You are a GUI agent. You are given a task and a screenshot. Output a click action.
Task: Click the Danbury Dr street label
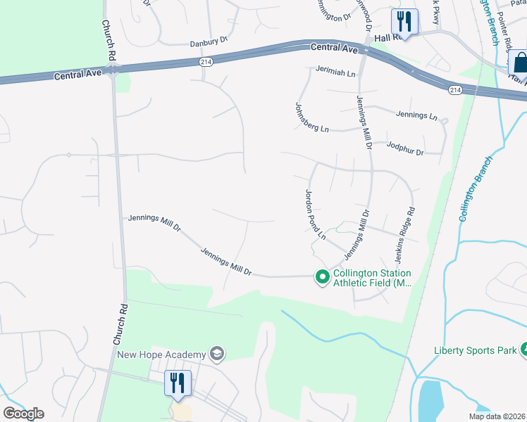tap(210, 41)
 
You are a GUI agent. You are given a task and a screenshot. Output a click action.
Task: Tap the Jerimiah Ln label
tap(337, 70)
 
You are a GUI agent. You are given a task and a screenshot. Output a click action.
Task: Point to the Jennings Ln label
tap(416, 115)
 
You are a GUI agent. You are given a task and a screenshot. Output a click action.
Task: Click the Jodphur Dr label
tap(405, 148)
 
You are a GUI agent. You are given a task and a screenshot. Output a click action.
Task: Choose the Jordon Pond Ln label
tap(315, 215)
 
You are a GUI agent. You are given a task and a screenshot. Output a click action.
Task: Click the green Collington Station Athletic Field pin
tap(323, 278)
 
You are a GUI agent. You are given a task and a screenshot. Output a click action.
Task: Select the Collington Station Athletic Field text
tap(371, 278)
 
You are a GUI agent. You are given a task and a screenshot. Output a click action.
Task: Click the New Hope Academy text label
tap(161, 354)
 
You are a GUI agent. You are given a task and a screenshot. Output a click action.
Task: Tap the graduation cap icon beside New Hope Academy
tap(217, 354)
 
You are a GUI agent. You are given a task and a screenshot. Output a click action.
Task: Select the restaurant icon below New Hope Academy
tap(178, 383)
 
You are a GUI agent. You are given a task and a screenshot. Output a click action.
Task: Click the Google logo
tap(23, 413)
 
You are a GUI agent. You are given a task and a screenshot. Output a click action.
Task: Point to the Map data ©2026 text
tap(496, 416)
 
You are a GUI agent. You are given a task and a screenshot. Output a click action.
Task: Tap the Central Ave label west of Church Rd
tap(74, 73)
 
